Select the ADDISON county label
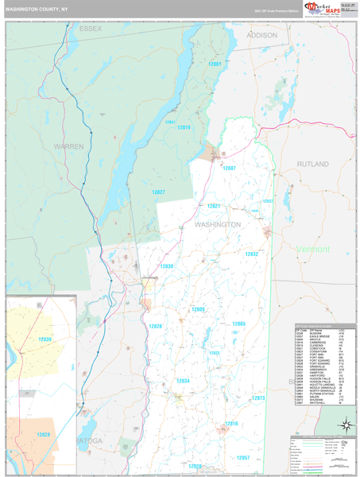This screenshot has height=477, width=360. point(262,36)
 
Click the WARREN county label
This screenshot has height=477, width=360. point(69,147)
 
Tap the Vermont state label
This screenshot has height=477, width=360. point(312,249)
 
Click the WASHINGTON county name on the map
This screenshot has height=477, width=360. point(218,225)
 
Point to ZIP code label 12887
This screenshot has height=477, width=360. point(229,169)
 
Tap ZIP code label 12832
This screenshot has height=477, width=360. point(251,254)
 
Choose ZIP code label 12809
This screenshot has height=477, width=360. point(199,308)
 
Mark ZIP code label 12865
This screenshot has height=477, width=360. point(239,324)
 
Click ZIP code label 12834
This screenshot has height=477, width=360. point(183,381)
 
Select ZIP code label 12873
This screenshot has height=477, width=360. point(259,397)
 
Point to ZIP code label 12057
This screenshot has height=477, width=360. point(243,458)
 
